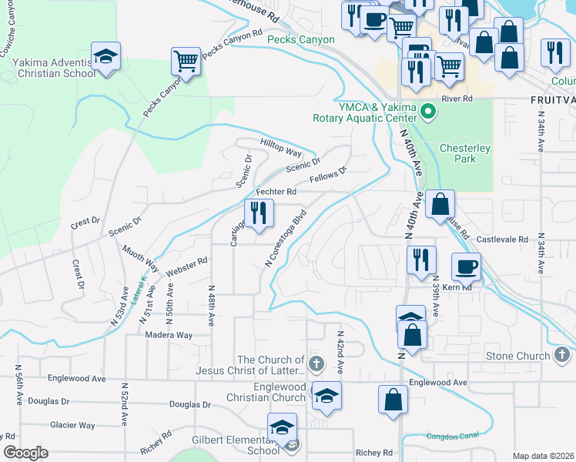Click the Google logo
(25, 453)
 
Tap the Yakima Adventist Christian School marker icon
(105, 58)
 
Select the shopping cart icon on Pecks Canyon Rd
(186, 60)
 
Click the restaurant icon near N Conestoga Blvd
(259, 213)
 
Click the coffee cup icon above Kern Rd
(466, 268)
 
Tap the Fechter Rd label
(266, 191)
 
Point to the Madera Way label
(169, 335)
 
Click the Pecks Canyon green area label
(300, 39)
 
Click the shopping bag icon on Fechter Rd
(440, 206)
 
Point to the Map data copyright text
(543, 456)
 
